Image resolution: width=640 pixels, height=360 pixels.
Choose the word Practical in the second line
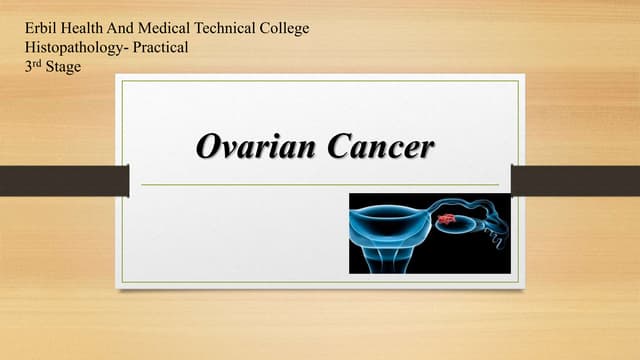155,47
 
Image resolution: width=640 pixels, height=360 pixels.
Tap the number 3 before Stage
28,66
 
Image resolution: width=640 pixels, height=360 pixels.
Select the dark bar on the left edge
64,180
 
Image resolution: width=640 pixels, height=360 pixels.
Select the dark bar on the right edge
575,180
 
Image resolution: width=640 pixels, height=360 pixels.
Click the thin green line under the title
320,185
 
